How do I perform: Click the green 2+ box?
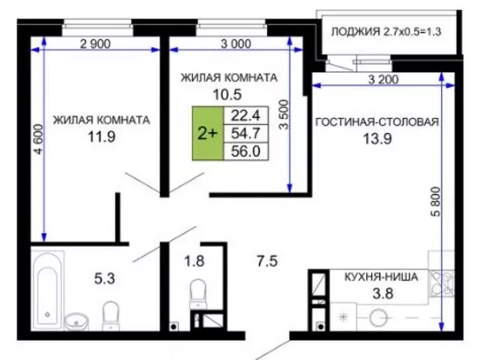click(208, 134)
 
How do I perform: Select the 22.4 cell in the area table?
click(245, 116)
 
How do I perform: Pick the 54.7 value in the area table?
click(245, 134)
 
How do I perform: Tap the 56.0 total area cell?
click(245, 151)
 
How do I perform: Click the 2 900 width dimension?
click(96, 43)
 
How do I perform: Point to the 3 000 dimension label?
click(236, 43)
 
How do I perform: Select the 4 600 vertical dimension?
click(38, 139)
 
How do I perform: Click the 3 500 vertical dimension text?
click(284, 115)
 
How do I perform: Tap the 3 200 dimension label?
click(384, 79)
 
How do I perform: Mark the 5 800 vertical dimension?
click(437, 202)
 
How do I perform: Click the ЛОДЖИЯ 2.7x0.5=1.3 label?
click(386, 31)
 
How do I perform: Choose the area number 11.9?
click(102, 137)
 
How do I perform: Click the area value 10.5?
click(227, 95)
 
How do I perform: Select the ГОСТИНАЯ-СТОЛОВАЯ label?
click(377, 122)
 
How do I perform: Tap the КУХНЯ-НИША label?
click(382, 277)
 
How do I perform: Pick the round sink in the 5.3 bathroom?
click(77, 322)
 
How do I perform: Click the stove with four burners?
click(442, 283)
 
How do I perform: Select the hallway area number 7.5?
click(267, 261)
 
